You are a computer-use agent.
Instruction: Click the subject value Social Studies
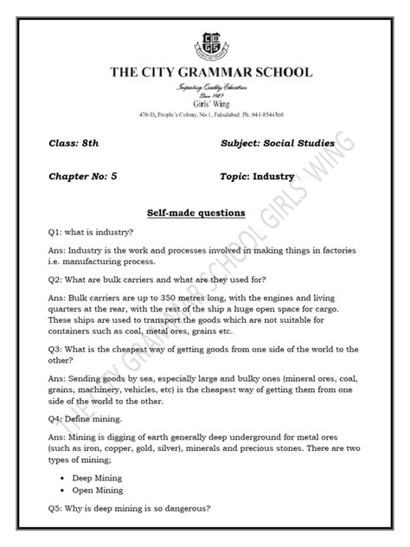click(291, 141)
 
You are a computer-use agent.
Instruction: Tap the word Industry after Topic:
click(274, 177)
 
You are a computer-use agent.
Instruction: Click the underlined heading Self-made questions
click(205, 212)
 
